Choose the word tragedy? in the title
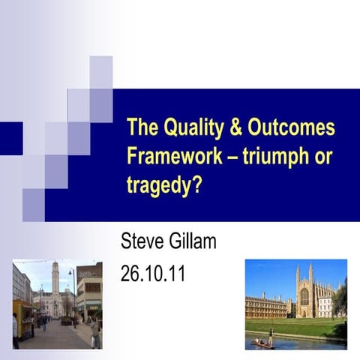(165, 185)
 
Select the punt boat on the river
(263, 343)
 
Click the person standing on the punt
(271, 335)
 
